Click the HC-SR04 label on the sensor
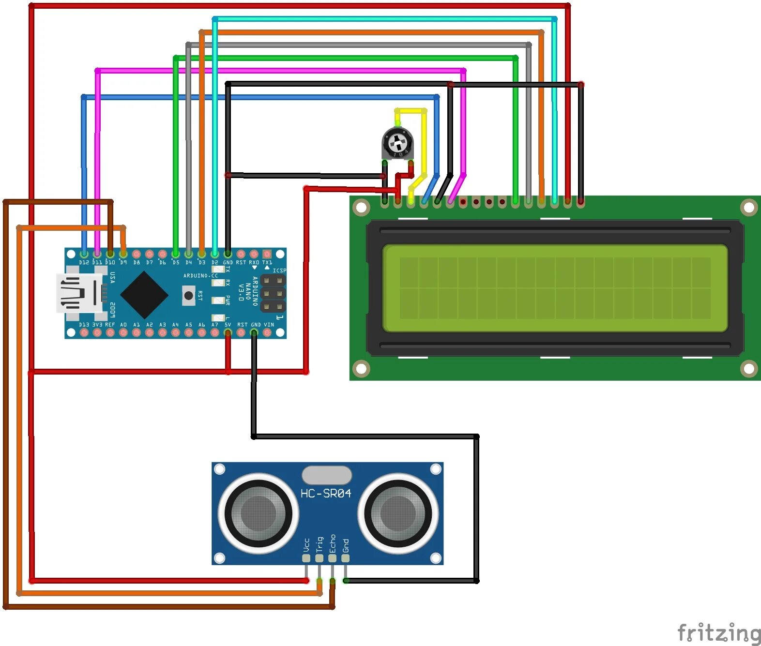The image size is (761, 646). coord(325,494)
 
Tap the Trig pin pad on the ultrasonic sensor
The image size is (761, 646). coord(319,558)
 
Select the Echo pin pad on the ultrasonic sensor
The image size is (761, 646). coord(332,558)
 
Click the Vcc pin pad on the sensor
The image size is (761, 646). coord(306,558)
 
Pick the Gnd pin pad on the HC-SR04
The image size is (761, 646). coord(345,558)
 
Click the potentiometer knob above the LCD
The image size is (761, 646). coord(397,143)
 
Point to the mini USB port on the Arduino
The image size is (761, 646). coord(77,293)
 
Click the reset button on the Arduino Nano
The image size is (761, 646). coord(188,295)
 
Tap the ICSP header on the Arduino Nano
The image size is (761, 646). coord(273,293)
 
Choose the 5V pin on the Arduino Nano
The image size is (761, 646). coord(228,332)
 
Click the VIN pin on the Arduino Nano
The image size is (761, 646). coord(267,332)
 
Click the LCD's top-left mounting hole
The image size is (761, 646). coord(361,208)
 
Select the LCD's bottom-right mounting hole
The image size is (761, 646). coord(748,369)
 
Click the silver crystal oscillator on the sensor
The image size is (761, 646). coord(326,475)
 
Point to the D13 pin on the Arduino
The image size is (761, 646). coord(84,332)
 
